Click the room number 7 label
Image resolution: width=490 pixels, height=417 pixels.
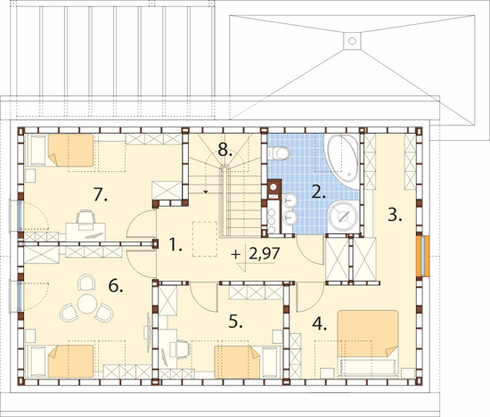coord(101,195)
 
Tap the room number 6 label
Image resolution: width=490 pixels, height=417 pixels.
coord(116,286)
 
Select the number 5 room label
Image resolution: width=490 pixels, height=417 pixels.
coord(235,322)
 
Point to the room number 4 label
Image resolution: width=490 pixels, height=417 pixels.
coord(319,323)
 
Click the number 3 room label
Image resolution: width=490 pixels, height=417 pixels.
coord(395,215)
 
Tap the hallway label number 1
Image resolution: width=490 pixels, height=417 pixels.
coord(176,244)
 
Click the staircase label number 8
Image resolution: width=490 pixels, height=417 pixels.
coord(225,150)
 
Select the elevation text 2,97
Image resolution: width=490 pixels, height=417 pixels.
coord(264,254)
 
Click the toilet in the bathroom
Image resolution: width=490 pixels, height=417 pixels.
coord(279,153)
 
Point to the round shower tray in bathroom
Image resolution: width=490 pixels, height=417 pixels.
coord(343,217)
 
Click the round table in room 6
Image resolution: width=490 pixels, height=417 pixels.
coord(87,304)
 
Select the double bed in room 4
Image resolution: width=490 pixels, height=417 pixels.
coord(368,343)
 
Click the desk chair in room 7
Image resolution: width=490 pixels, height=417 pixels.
coord(86,217)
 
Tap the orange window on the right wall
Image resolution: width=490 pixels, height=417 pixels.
coord(423,256)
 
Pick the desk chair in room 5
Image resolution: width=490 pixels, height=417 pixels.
coord(180,349)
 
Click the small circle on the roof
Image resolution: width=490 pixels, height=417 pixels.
coord(352,41)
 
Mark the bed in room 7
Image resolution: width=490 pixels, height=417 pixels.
coord(60,150)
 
